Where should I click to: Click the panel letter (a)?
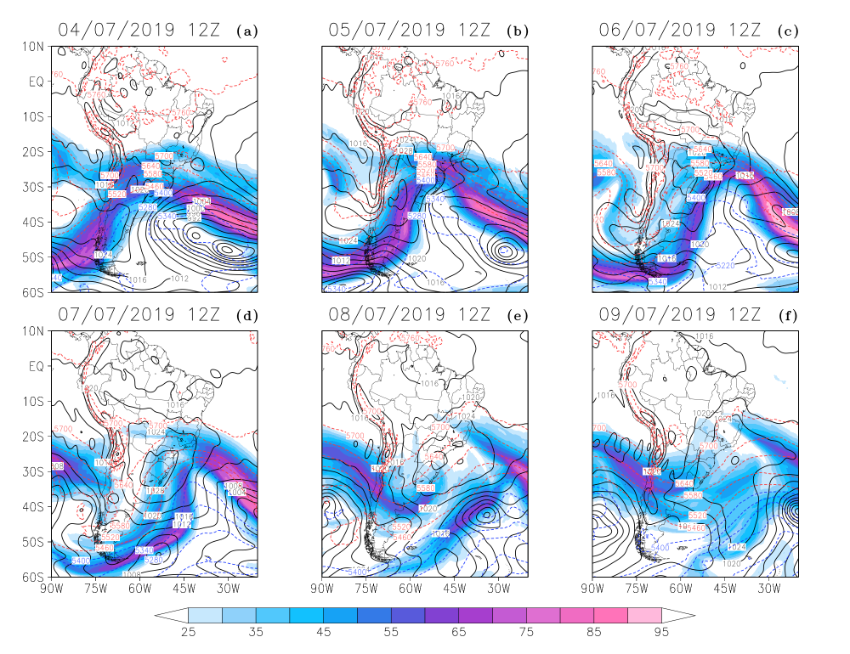(249, 31)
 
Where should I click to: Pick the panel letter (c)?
(787, 31)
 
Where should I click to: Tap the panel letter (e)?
(516, 316)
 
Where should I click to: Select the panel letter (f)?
(787, 316)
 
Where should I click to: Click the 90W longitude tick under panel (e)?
(321, 587)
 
